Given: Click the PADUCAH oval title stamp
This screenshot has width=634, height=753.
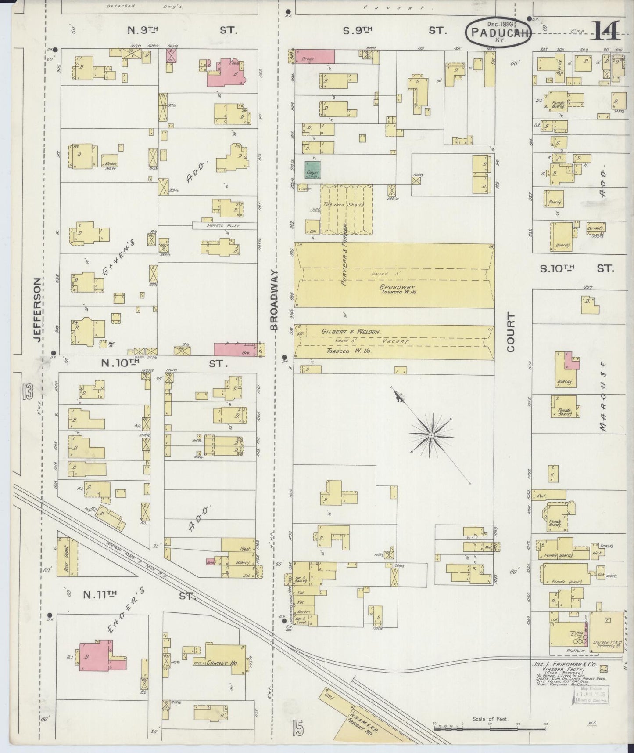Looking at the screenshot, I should point(499,32).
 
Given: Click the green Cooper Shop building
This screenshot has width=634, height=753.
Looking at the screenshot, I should point(313,170).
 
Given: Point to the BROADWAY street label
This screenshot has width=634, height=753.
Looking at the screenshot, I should point(275,300).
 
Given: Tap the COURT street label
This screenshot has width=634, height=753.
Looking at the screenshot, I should point(511,332).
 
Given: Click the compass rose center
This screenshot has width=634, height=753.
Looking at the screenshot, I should point(431,435).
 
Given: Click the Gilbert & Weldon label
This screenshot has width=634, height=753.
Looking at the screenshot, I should point(351,332).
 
